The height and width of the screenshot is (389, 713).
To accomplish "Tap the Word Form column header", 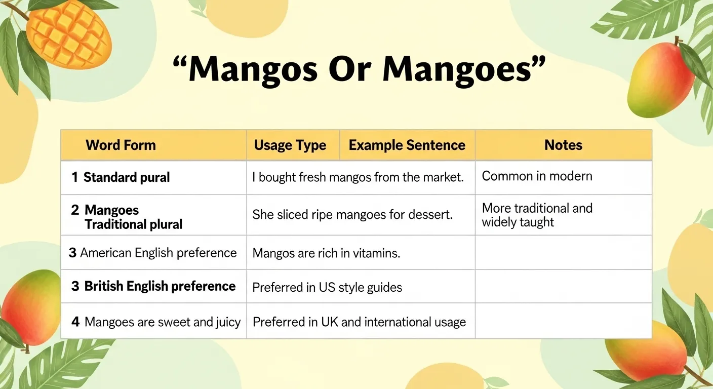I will (x=121, y=145).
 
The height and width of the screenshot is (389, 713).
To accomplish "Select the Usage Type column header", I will (x=290, y=146).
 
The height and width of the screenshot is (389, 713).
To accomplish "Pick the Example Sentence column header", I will (x=407, y=145).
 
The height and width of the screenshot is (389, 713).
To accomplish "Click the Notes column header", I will (x=563, y=145).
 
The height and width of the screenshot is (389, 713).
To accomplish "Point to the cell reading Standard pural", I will (x=126, y=178).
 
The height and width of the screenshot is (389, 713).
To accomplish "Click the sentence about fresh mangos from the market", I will (x=358, y=178).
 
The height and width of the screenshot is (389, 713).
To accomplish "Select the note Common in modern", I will (x=537, y=176).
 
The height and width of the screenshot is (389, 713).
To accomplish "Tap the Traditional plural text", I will (x=133, y=224).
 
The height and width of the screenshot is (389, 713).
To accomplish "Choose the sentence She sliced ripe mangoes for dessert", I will (x=352, y=215).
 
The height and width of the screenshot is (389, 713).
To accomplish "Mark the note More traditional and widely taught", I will (x=537, y=215).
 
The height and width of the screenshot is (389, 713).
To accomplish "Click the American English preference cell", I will (x=158, y=253).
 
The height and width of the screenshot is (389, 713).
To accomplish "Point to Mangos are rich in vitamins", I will (x=326, y=253).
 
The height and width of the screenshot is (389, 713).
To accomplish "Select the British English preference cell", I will (x=160, y=286).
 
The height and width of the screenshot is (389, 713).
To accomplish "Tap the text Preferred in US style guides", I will (x=327, y=288).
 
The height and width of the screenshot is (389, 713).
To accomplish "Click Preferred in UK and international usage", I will (x=359, y=322).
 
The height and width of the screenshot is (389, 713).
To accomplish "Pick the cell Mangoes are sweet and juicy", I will (x=162, y=322).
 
